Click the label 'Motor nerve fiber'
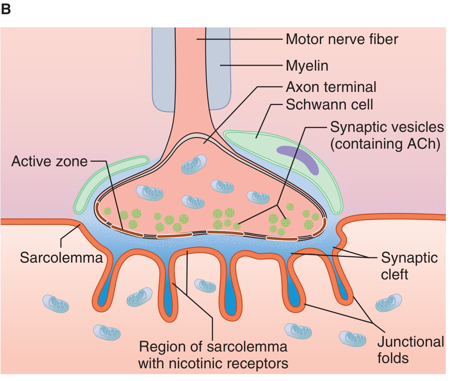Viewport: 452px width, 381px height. [x=342, y=39]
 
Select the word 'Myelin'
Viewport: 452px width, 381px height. [x=307, y=66]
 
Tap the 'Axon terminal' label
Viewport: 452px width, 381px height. [x=331, y=87]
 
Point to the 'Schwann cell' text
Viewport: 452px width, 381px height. [x=329, y=105]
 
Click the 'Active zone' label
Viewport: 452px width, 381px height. [x=49, y=161]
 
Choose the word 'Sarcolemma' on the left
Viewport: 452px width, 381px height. [x=61, y=258]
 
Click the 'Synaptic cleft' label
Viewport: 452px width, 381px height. [x=409, y=266]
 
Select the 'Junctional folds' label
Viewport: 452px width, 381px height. [x=411, y=350]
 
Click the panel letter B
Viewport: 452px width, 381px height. [x=6, y=9]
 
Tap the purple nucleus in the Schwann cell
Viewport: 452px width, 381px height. [x=298, y=158]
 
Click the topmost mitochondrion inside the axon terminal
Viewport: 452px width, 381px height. [x=194, y=164]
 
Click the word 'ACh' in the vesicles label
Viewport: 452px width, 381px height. [x=424, y=144]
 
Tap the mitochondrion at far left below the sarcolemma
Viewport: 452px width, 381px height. [x=56, y=303]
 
